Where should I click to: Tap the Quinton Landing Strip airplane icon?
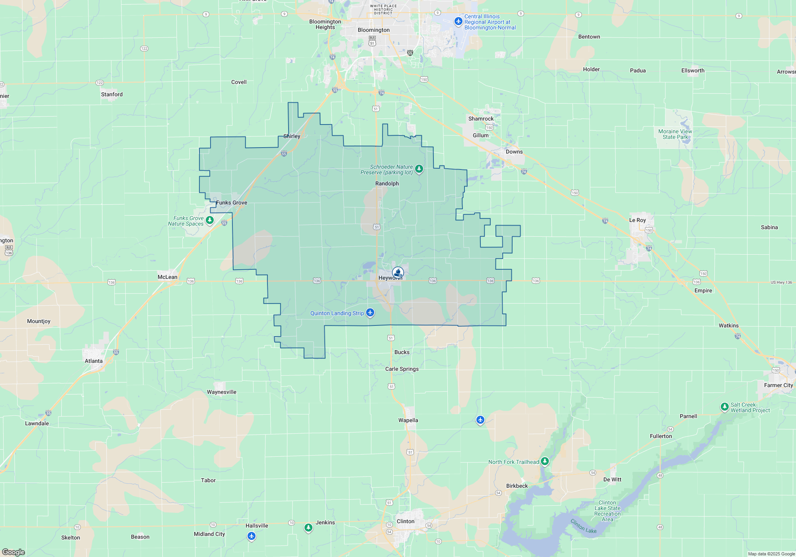point(370,313)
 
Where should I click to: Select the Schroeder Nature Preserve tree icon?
point(419,169)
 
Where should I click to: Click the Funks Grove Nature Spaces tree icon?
point(210,220)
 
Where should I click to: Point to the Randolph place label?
point(387,183)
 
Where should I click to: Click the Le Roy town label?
point(637,220)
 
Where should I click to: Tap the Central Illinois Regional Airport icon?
point(458,21)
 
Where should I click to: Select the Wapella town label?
point(408,420)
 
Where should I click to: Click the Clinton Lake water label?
point(583,526)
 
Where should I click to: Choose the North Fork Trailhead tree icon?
point(544,461)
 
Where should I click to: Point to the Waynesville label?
point(221,392)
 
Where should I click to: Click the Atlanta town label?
point(94,361)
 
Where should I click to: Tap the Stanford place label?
point(112,94)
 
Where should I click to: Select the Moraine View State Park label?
point(675,134)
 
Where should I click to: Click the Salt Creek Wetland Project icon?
point(724,407)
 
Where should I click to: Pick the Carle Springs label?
point(402,369)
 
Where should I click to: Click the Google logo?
point(14,552)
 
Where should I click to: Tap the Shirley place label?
point(292,136)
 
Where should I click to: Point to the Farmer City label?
point(778,385)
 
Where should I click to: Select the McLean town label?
point(167,277)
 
